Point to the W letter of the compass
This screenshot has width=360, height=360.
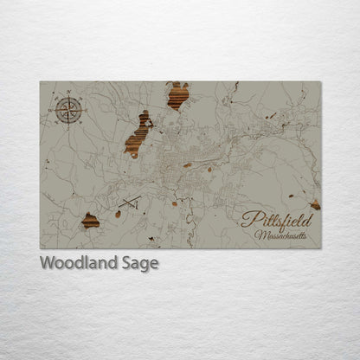tap(55, 110)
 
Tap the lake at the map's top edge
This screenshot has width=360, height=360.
tap(178, 95)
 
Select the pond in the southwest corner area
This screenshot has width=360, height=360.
tap(90, 221)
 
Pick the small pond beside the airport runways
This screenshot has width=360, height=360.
tap(118, 213)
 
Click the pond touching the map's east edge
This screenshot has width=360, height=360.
tap(315, 205)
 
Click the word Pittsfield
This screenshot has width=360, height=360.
tap(276, 220)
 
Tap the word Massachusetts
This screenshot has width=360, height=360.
tap(280, 235)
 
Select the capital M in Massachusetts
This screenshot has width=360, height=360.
tap(259, 235)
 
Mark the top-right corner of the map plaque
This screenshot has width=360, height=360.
tap(320, 82)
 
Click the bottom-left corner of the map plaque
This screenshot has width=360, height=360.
tap(40, 248)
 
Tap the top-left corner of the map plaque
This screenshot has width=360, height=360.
tap(40, 82)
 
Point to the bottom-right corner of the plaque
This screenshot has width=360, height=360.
tap(320, 248)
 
